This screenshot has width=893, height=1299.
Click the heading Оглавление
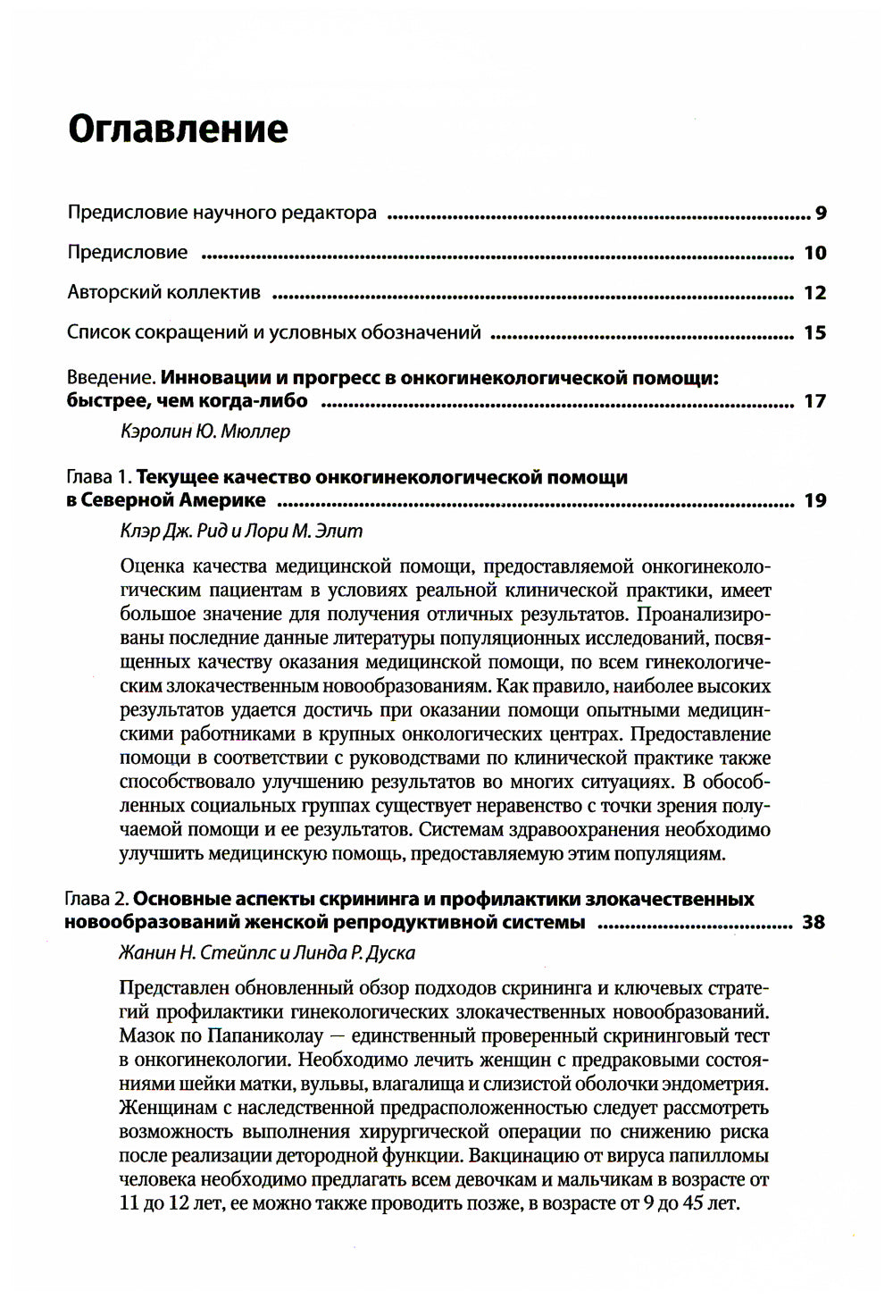(x=178, y=129)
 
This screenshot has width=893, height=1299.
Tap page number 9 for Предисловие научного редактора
(x=820, y=214)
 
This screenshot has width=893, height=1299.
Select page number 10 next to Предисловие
(x=814, y=253)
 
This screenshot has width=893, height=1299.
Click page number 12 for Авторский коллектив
(x=814, y=293)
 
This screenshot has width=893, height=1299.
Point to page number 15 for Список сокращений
(x=814, y=333)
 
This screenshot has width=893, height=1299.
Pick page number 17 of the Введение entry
(x=814, y=401)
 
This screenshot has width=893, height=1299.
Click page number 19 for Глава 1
(x=814, y=500)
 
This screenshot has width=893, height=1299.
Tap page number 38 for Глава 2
(x=813, y=922)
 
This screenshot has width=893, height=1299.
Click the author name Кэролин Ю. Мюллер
(x=204, y=432)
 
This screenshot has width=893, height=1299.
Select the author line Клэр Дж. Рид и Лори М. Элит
(x=241, y=531)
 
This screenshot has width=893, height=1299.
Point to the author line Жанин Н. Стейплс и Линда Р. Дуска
(x=266, y=952)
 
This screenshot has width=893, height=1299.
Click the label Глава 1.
(x=98, y=477)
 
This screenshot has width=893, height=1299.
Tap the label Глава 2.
(x=98, y=899)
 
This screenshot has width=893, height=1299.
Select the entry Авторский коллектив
(x=164, y=293)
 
